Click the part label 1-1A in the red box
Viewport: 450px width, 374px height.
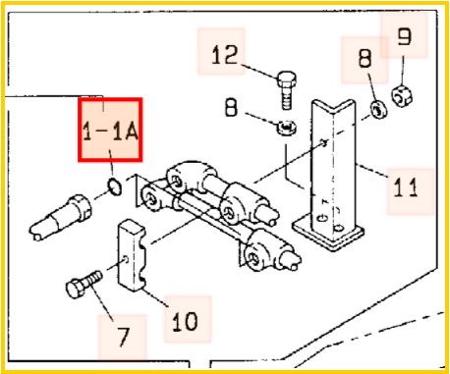110,132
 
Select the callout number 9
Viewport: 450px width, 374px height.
404,36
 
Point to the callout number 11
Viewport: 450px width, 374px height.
406,187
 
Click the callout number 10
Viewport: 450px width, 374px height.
185,321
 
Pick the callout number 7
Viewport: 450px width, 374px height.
124,336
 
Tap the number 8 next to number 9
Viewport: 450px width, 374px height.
366,58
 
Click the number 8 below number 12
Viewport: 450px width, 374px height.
232,107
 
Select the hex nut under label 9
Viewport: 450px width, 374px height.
402,95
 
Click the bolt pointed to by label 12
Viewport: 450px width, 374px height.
287,89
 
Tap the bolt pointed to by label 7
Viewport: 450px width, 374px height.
84,284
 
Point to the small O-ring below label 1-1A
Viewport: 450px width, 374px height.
114,187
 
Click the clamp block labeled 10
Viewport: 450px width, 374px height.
133,255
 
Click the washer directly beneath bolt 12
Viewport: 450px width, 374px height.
287,128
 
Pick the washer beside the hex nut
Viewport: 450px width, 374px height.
378,110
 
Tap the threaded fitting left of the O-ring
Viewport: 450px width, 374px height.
61,217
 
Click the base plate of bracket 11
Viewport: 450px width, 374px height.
328,233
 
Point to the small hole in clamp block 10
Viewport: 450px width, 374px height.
125,260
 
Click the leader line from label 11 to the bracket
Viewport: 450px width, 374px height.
373,170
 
